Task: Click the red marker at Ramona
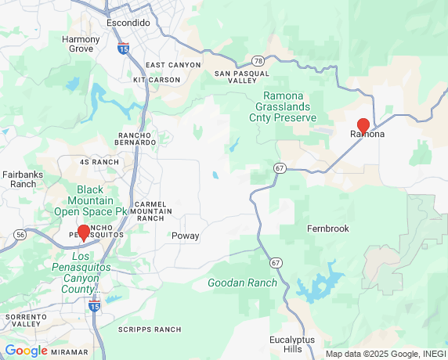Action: click(363, 125)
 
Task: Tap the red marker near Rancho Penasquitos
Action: click(84, 232)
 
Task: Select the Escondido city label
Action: click(128, 23)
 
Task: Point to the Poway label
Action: click(186, 236)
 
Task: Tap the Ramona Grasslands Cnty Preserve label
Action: click(283, 106)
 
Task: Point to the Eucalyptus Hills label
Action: click(291, 345)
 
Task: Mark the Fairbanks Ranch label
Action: click(19, 179)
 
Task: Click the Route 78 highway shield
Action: click(258, 60)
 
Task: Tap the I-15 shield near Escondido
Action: click(124, 49)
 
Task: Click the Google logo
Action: click(26, 351)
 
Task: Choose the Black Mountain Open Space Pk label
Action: click(90, 200)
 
